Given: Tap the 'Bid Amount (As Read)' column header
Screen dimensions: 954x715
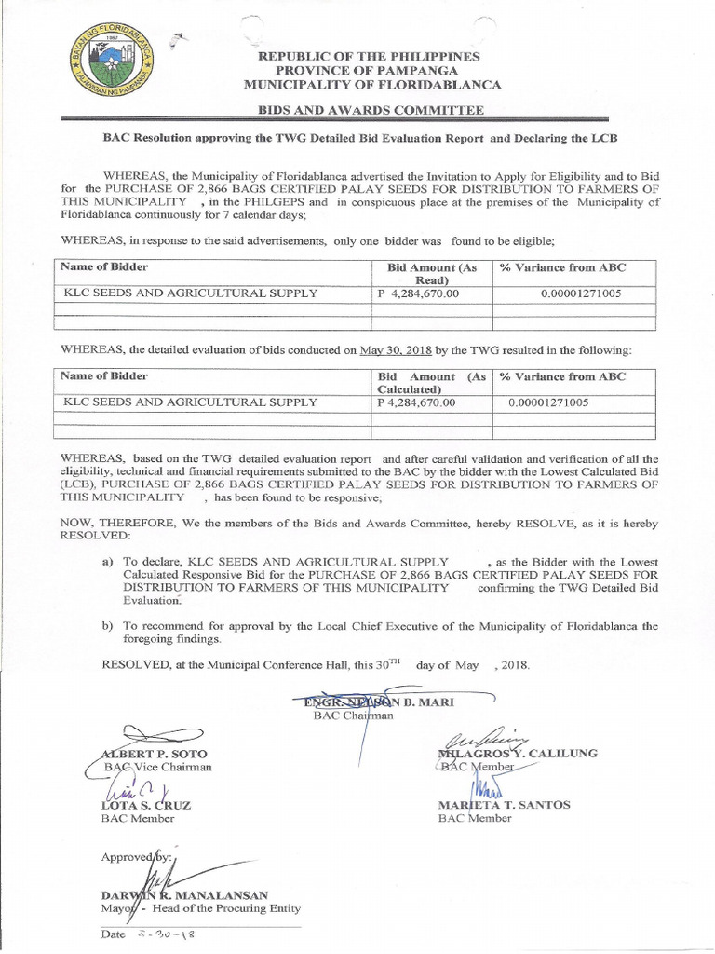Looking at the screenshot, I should tap(432, 273).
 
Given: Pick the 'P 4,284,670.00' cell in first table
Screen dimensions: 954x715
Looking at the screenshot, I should tap(417, 293).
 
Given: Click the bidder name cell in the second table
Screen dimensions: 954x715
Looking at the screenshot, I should tap(189, 402).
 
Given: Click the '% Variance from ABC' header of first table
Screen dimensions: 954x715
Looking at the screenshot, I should tap(562, 267).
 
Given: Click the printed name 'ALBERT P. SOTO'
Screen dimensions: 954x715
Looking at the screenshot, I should tap(150, 753).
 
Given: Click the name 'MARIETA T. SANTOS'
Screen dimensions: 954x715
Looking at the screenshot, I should tap(504, 804).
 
